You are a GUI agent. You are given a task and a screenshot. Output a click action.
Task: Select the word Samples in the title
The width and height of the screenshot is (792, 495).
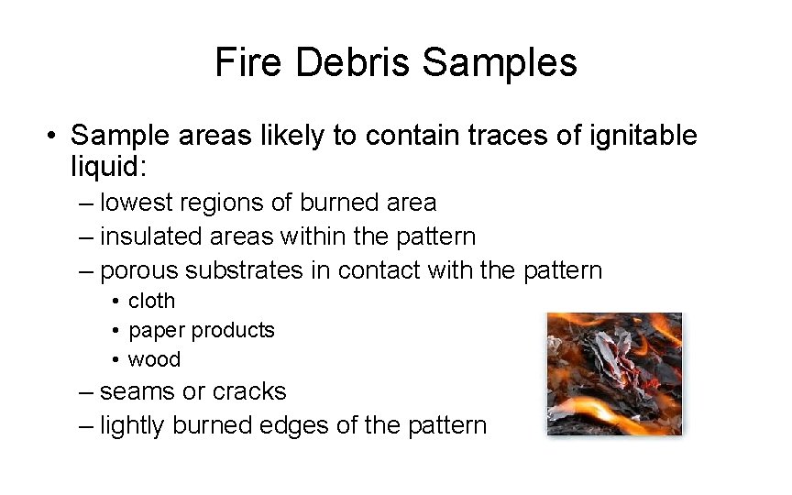(500, 62)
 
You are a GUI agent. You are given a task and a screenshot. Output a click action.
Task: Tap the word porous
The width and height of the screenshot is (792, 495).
(138, 271)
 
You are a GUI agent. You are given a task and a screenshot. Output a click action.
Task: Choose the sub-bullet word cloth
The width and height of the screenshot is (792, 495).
(151, 301)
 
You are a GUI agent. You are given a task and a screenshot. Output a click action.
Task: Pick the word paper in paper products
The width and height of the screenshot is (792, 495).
(153, 331)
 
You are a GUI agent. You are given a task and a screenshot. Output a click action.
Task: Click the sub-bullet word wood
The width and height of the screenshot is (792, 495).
(154, 359)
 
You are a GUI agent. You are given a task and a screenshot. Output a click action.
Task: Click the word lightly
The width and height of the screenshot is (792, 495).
(135, 426)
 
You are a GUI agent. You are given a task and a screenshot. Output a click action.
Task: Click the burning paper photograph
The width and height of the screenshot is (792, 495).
(614, 373)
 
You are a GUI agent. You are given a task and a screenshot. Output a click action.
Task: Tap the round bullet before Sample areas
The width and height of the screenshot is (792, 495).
(56, 137)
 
